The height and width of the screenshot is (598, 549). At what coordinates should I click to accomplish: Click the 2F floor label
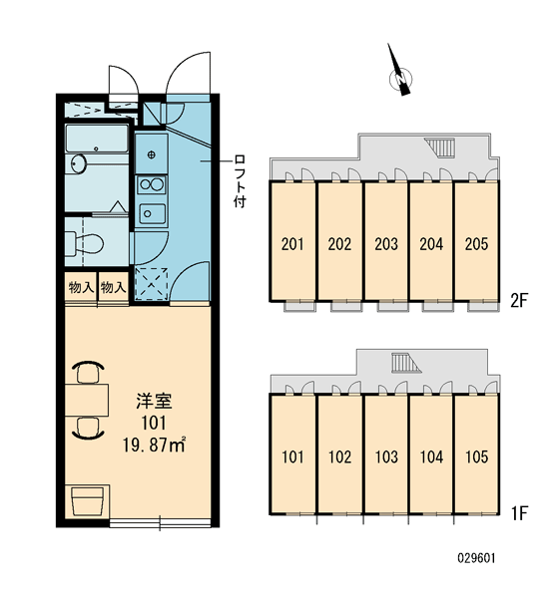tap(518, 301)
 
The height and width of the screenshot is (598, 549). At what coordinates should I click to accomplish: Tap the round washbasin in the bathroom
tap(78, 164)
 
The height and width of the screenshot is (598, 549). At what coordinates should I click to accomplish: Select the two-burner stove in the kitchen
tap(152, 185)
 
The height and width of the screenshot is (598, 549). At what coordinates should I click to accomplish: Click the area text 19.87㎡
tap(154, 446)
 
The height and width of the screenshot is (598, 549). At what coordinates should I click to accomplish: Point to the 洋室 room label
tap(154, 401)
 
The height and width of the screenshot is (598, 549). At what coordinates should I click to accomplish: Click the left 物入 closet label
tap(81, 287)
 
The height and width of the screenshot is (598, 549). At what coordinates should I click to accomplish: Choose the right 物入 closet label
tap(113, 287)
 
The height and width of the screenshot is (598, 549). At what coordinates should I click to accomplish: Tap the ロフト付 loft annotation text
tap(240, 181)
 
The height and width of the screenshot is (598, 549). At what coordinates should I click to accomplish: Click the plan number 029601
tap(476, 559)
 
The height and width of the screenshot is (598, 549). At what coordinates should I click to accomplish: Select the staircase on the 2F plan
tap(440, 148)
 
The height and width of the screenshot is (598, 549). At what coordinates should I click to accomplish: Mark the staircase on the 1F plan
tap(406, 363)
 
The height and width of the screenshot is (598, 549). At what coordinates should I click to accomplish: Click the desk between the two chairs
tap(87, 400)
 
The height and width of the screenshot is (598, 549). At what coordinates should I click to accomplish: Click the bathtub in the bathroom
tap(96, 139)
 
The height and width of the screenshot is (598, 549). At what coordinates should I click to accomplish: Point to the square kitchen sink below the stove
tap(152, 214)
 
